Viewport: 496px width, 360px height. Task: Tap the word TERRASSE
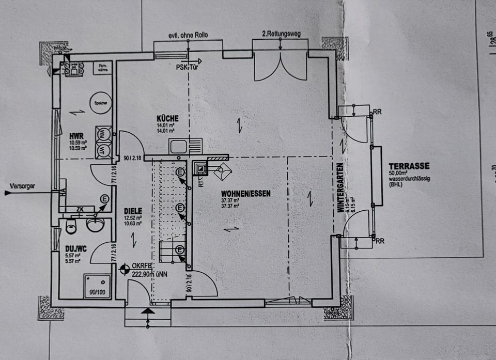(x=409, y=166)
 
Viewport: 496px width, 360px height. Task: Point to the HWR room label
(x=76, y=136)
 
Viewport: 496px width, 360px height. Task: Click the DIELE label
(x=133, y=211)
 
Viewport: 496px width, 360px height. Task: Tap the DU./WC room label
(x=76, y=248)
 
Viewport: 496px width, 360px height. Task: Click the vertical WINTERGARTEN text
(x=341, y=186)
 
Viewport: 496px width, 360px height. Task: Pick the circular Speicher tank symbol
(x=100, y=103)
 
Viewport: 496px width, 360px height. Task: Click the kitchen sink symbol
(x=178, y=146)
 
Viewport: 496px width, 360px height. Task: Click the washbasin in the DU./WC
(x=96, y=224)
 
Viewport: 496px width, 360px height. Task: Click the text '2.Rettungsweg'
(x=281, y=35)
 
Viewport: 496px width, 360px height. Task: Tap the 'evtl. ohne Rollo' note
(x=181, y=35)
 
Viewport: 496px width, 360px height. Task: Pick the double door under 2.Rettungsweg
(x=281, y=66)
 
